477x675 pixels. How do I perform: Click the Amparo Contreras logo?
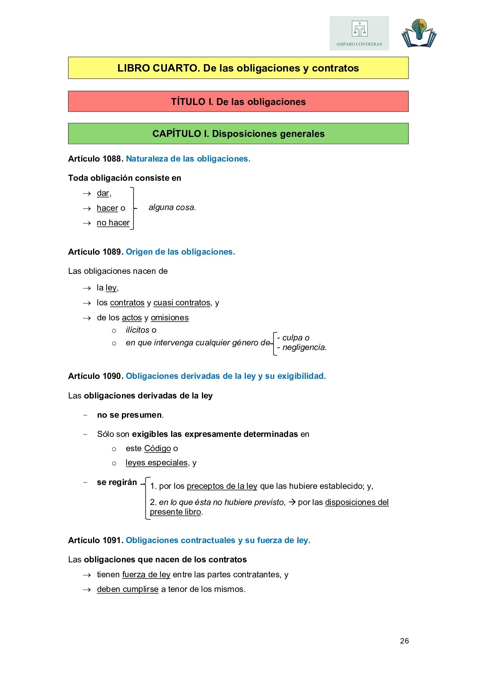pyautogui.click(x=359, y=33)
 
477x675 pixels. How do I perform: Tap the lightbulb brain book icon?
pyautogui.click(x=419, y=33)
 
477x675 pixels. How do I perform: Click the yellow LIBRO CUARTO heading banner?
pyautogui.click(x=238, y=68)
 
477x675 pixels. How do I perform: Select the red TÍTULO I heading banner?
pyautogui.click(x=238, y=102)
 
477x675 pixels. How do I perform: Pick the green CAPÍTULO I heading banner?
pyautogui.click(x=238, y=133)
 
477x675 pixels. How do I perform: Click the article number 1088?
pyautogui.click(x=112, y=159)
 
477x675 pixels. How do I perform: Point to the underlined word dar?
pyautogui.click(x=103, y=193)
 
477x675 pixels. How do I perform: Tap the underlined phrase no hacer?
pyautogui.click(x=113, y=223)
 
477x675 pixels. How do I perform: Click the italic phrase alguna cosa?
pyautogui.click(x=172, y=207)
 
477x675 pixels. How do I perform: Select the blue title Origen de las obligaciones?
pyautogui.click(x=180, y=252)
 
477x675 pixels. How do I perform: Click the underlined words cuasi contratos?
pyautogui.click(x=182, y=303)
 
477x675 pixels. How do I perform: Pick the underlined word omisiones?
pyautogui.click(x=170, y=318)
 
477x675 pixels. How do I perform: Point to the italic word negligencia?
pyautogui.click(x=304, y=347)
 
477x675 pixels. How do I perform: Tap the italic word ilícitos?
pyautogui.click(x=137, y=330)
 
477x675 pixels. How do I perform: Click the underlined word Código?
pyautogui.click(x=157, y=448)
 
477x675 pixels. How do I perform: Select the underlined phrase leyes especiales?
pyautogui.click(x=157, y=463)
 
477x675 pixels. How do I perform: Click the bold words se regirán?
pyautogui.click(x=117, y=482)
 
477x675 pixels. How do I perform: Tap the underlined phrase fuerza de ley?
pyautogui.click(x=146, y=575)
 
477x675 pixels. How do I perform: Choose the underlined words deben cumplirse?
pyautogui.click(x=128, y=589)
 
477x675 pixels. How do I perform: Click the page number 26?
pyautogui.click(x=404, y=641)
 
